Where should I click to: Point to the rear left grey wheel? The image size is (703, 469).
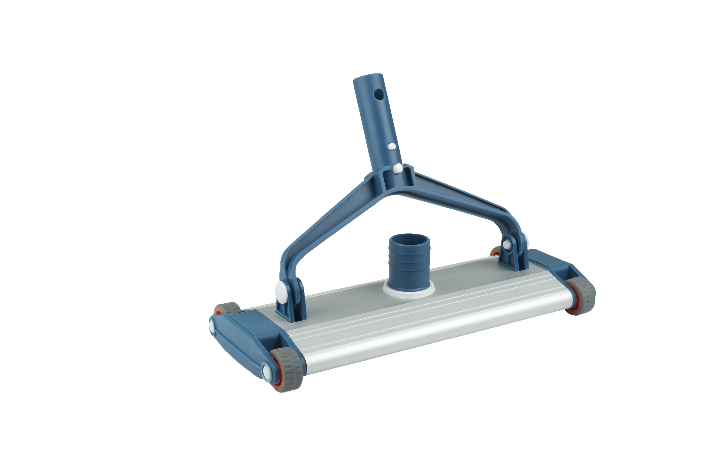(227, 308)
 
